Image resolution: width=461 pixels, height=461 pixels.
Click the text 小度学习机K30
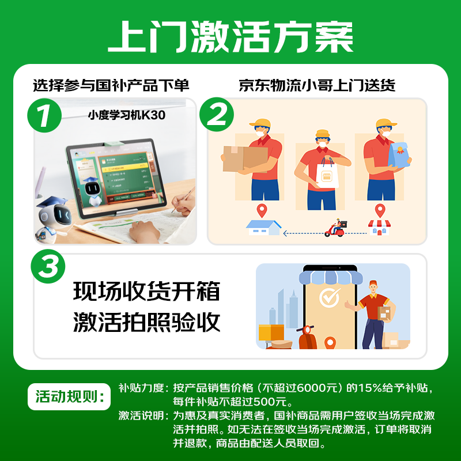point(126,115)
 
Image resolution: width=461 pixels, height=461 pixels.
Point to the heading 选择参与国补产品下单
point(111,86)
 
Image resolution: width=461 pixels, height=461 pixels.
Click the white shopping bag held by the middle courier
point(327,173)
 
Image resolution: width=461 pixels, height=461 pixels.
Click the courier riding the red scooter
point(336,228)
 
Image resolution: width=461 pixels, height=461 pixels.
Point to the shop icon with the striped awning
point(379,227)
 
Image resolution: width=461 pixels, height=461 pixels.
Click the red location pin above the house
point(262,210)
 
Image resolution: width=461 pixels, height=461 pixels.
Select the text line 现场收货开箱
point(146,291)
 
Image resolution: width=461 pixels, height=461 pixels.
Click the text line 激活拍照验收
point(146,322)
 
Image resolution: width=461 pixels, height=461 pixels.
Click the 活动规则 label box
point(68,397)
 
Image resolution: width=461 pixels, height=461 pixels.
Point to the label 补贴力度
point(142,388)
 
